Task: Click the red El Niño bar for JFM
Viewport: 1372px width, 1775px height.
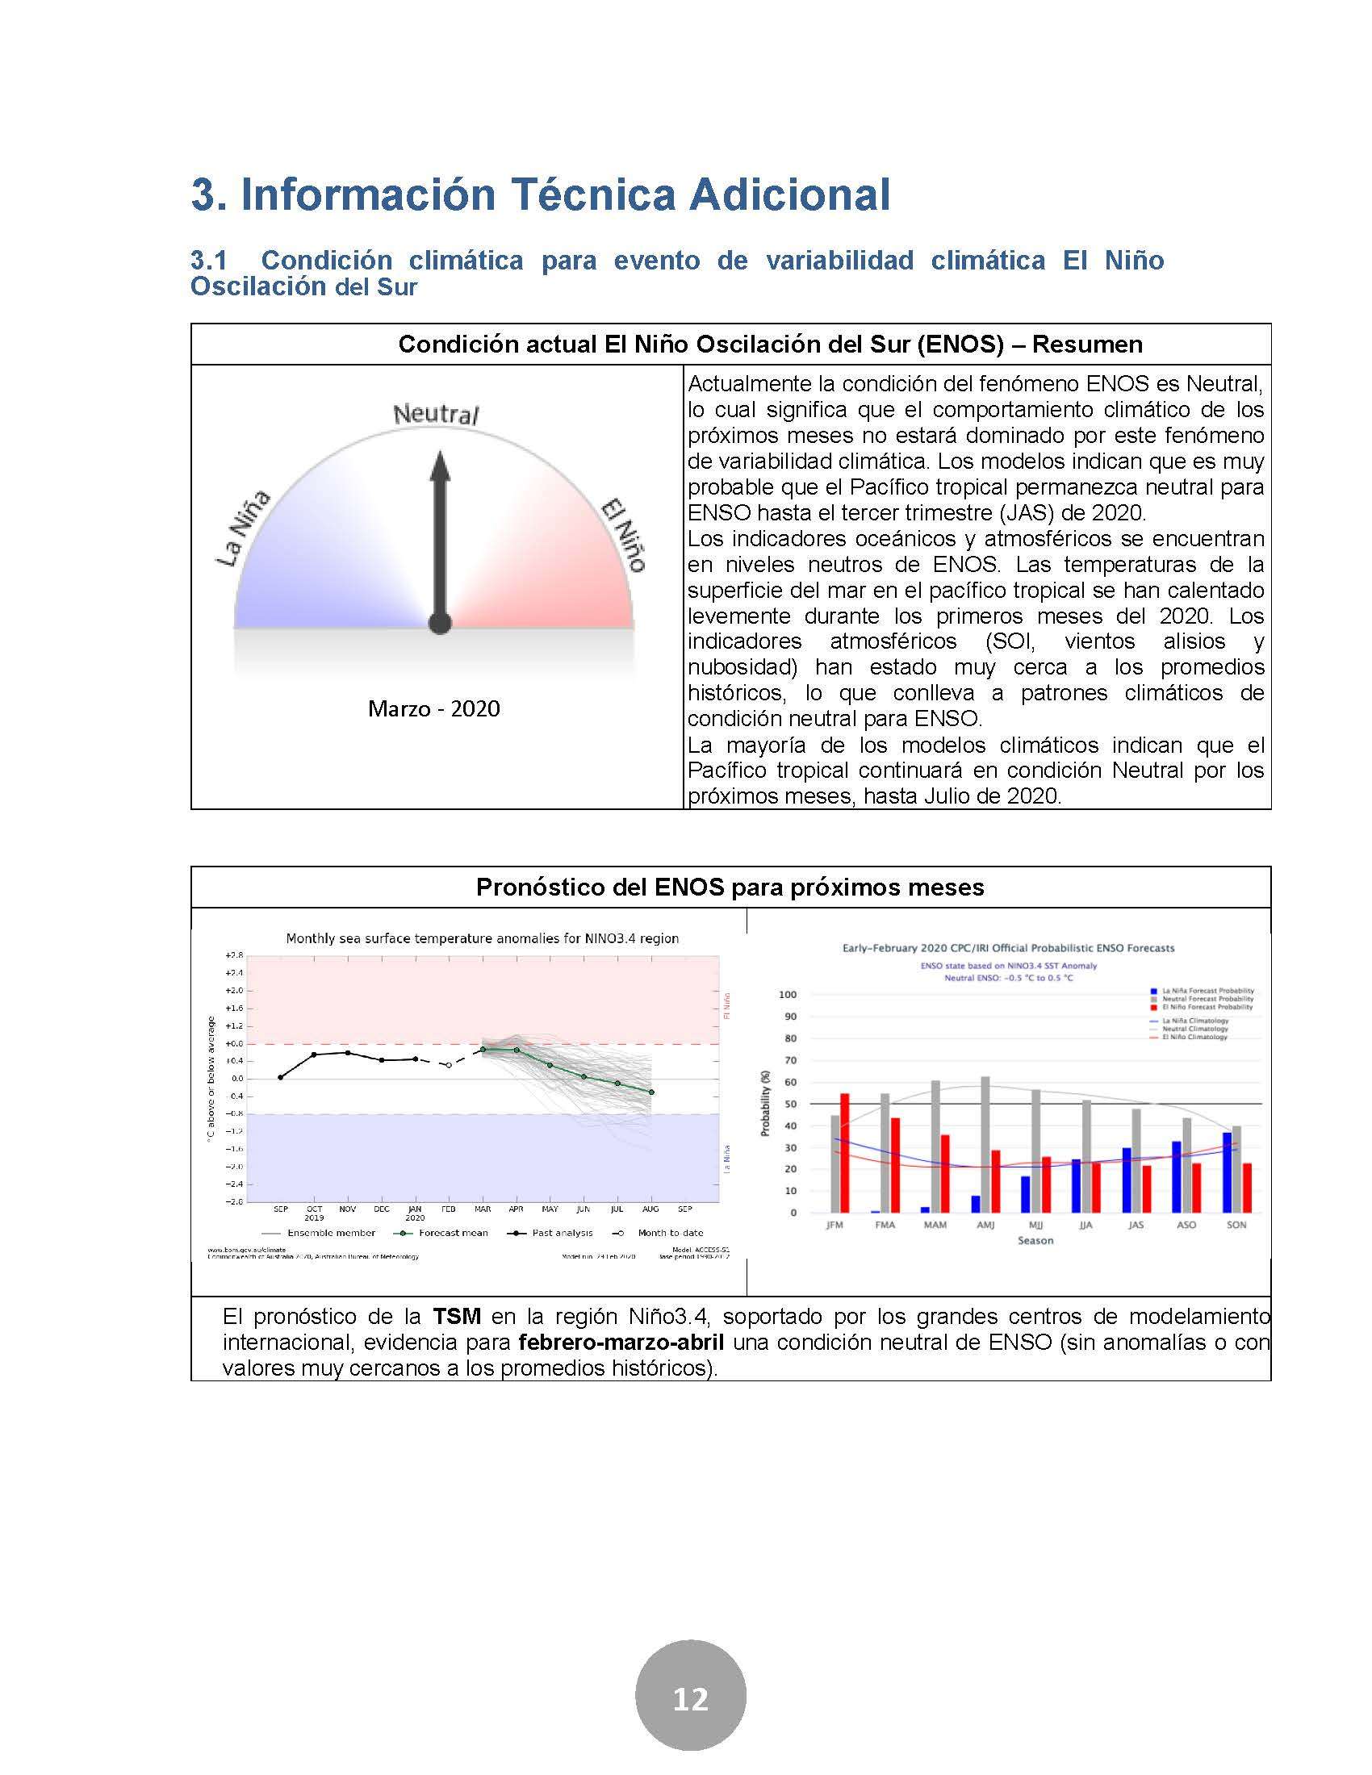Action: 844,1152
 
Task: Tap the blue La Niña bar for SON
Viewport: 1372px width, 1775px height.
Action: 1227,1172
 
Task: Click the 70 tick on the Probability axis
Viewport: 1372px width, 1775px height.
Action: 788,1060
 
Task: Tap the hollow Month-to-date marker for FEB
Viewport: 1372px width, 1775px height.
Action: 449,1065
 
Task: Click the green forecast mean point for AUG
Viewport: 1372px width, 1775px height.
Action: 652,1092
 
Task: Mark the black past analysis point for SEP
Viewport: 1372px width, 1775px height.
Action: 280,1077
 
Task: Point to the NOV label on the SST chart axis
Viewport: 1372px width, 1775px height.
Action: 348,1209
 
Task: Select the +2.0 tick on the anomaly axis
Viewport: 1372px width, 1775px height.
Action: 233,990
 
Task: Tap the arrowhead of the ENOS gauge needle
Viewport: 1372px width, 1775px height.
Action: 440,468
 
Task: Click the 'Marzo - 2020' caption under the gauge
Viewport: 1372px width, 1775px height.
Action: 434,708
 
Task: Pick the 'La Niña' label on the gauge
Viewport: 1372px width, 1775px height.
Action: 242,529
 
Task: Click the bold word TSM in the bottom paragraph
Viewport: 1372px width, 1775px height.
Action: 457,1316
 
